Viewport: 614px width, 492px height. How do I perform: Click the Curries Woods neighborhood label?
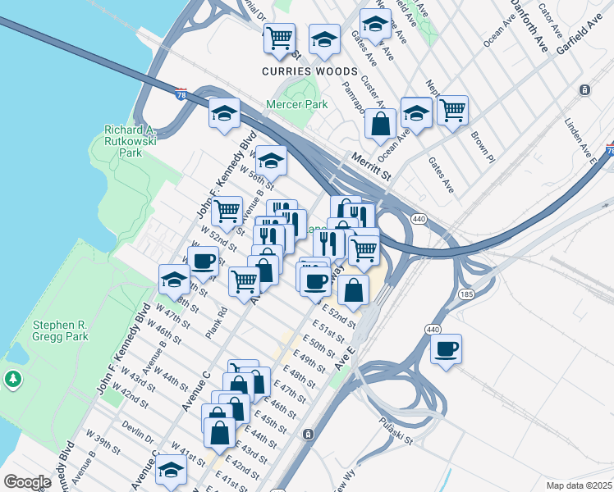pos(309,71)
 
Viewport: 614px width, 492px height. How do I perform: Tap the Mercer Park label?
pos(296,105)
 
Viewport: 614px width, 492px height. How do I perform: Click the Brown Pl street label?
pos(479,145)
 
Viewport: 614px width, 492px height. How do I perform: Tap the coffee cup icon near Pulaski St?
pos(446,349)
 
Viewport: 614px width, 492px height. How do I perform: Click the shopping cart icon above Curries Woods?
pos(279,38)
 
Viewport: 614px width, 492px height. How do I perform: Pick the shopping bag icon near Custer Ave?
pos(380,125)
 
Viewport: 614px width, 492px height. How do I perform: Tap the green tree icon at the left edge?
pos(13,379)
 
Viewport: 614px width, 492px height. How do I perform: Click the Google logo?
pos(26,482)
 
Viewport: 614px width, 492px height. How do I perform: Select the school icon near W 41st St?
pos(171,470)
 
